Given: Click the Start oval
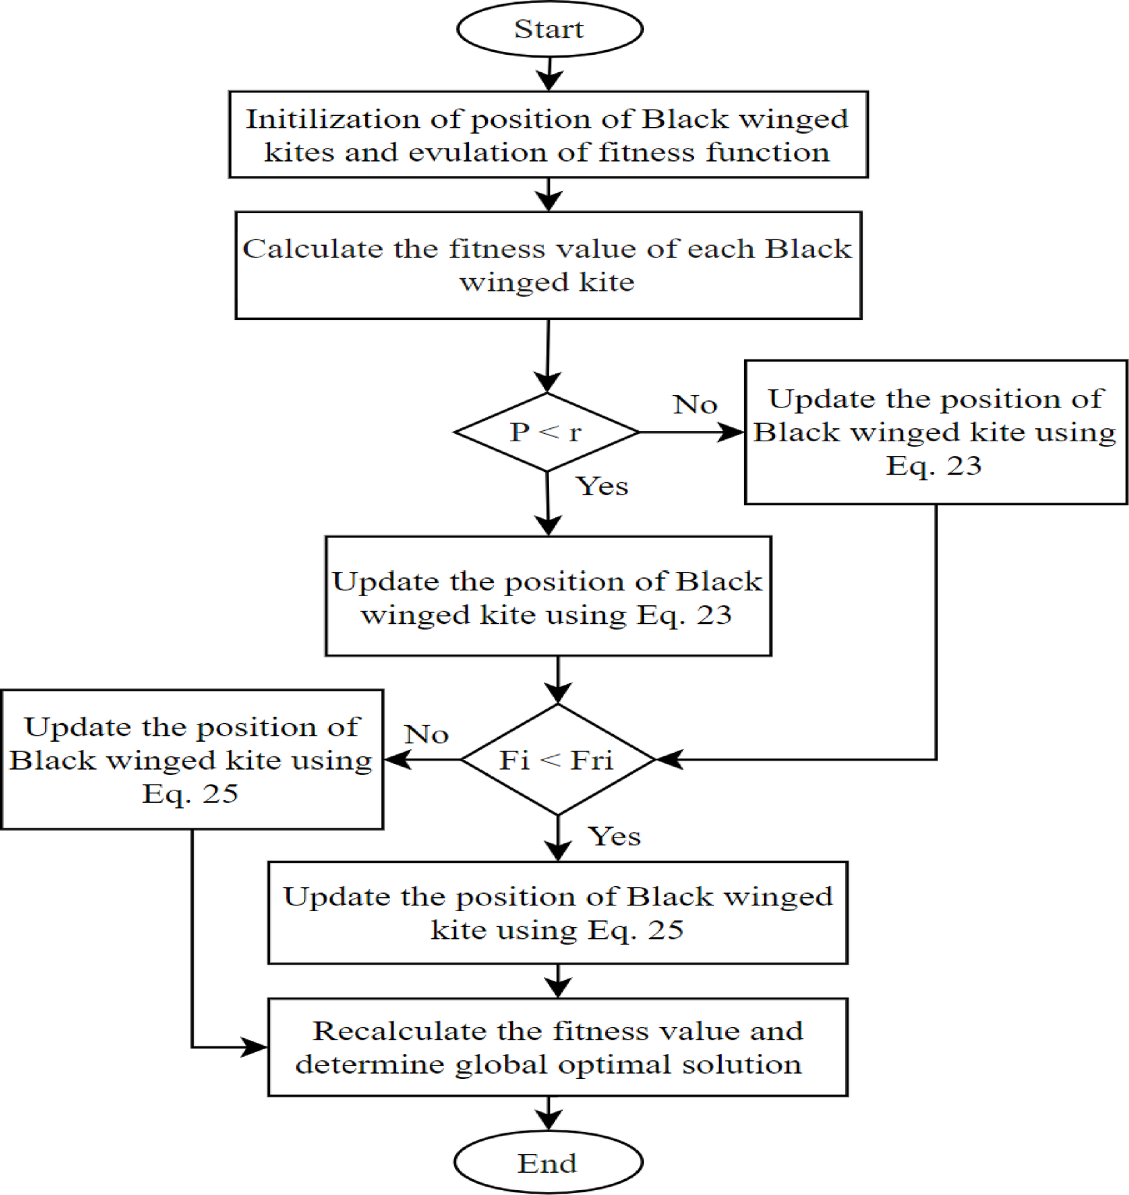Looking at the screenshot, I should [549, 29].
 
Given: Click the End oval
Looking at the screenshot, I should [547, 1162].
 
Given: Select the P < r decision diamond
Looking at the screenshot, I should [547, 432].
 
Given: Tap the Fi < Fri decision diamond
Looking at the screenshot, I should [557, 760].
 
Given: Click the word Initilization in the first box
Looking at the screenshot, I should [332, 119].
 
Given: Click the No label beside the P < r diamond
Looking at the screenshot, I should [695, 404].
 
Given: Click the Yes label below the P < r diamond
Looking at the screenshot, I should [602, 486].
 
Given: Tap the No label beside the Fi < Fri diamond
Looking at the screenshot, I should [426, 734].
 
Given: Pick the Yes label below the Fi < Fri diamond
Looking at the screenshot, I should [614, 836].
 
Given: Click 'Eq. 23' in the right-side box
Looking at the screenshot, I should [934, 465].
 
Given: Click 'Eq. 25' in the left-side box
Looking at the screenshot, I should [190, 793].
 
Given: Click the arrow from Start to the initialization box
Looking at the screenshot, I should [549, 74].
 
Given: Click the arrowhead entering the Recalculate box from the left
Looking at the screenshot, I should [255, 1047].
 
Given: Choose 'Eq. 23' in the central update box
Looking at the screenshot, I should [684, 615].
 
